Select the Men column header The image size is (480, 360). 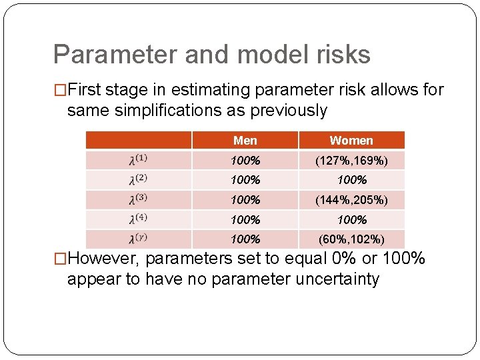click(x=245, y=141)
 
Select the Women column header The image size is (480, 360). click(x=351, y=141)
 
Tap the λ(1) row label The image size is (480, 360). click(x=139, y=160)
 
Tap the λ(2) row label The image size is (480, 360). click(x=139, y=180)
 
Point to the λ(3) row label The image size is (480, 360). click(x=139, y=199)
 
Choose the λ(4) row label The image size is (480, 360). click(x=139, y=219)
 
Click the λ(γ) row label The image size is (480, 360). click(x=139, y=239)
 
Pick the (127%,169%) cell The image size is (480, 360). click(x=351, y=160)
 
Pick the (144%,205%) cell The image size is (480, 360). click(x=351, y=199)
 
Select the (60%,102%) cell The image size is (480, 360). click(x=351, y=239)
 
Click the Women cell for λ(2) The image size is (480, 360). click(x=351, y=180)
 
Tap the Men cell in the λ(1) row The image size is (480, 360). click(x=245, y=160)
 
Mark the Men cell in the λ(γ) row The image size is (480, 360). click(x=245, y=239)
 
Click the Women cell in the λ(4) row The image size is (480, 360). click(x=351, y=219)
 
